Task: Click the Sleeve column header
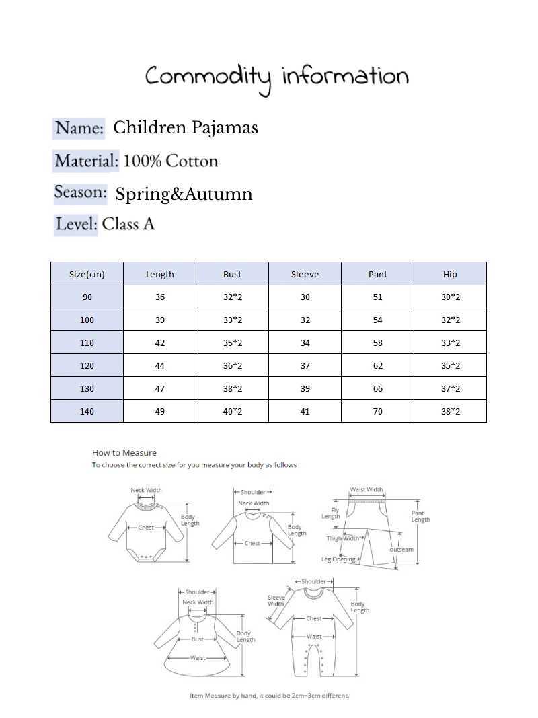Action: [x=305, y=274]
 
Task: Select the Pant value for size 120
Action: [x=377, y=365]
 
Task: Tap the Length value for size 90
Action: [x=159, y=297]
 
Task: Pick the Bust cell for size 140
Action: [x=232, y=411]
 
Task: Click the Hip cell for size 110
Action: [x=450, y=343]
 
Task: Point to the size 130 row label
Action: [x=87, y=388]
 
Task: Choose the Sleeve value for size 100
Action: [x=305, y=320]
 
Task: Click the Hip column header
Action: [x=450, y=274]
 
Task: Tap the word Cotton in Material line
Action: [x=192, y=161]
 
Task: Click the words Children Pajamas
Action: [x=186, y=127]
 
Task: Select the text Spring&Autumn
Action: [x=184, y=194]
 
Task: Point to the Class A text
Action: [x=128, y=224]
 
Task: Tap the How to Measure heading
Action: [x=124, y=453]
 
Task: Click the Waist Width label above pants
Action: [x=367, y=490]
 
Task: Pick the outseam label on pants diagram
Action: [x=401, y=550]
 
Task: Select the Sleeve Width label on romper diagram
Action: [x=276, y=600]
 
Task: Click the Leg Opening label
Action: [x=338, y=559]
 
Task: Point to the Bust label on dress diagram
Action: [x=197, y=639]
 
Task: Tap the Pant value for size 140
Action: [x=377, y=411]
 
